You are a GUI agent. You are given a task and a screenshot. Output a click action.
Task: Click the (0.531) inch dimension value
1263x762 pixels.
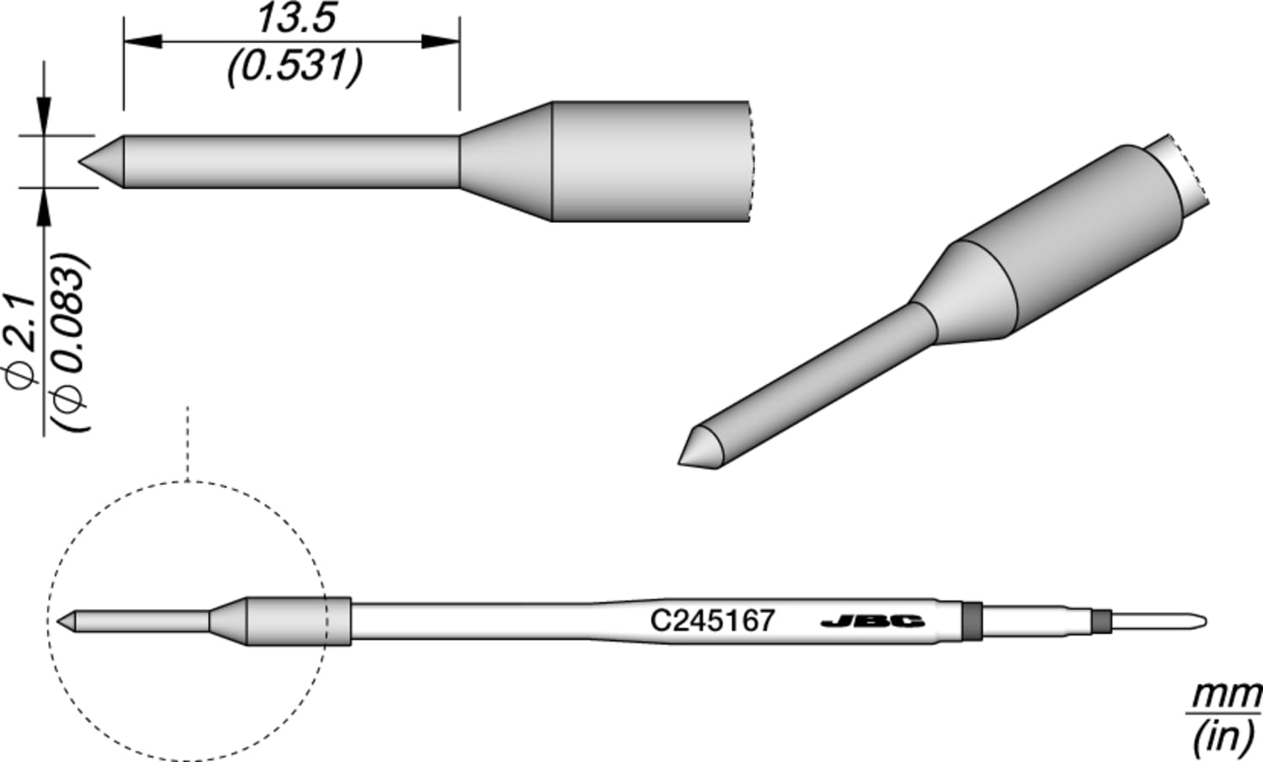(295, 66)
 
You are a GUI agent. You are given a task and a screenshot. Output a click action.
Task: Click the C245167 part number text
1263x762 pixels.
(711, 621)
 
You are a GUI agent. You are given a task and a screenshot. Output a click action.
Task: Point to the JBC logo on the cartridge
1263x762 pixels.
(871, 622)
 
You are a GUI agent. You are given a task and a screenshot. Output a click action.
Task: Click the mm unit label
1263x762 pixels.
(1225, 696)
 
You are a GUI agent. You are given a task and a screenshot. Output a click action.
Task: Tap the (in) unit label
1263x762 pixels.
(1223, 738)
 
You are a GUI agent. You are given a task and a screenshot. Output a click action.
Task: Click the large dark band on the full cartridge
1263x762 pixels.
(972, 622)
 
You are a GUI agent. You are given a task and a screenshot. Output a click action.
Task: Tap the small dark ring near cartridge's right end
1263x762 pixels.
(1099, 622)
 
